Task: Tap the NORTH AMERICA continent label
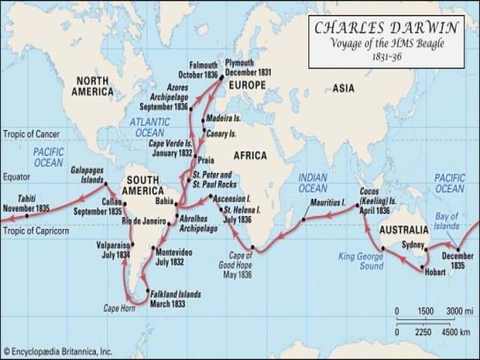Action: click(x=93, y=86)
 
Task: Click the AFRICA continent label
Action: click(x=250, y=155)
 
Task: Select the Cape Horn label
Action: click(x=118, y=308)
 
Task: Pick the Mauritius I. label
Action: click(x=327, y=204)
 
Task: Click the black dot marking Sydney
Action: click(x=426, y=252)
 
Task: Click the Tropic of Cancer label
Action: click(x=31, y=135)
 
